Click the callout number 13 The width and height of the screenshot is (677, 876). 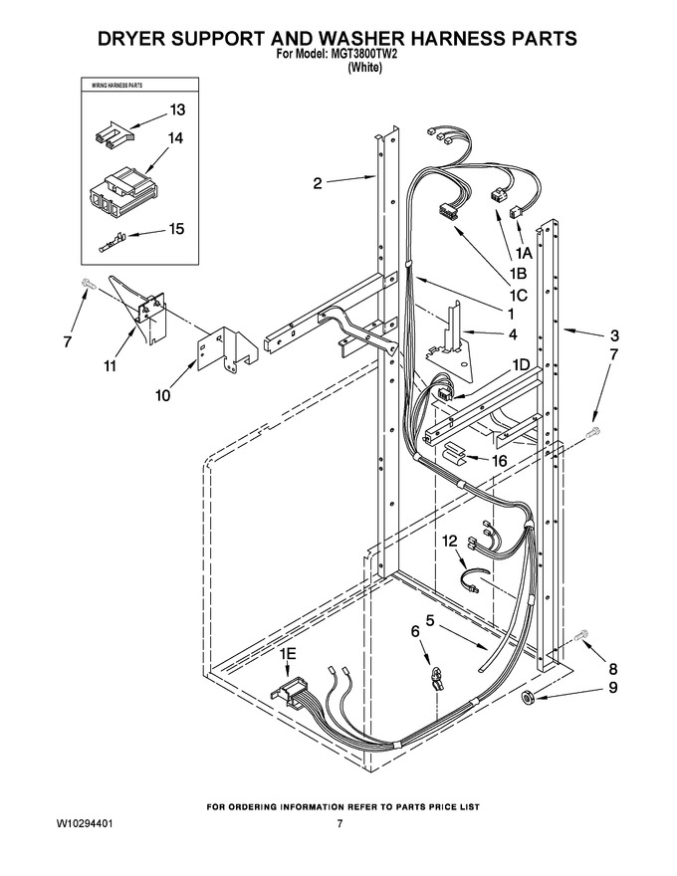point(177,110)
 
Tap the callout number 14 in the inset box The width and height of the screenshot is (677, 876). point(175,137)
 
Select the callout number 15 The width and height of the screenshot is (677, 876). point(176,229)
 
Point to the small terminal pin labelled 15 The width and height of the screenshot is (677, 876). point(112,245)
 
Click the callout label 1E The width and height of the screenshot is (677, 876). point(289,654)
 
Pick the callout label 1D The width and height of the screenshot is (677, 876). point(521,364)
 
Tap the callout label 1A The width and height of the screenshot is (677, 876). point(524,253)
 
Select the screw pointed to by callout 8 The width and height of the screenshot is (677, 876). point(581,635)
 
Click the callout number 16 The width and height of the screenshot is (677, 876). point(499,461)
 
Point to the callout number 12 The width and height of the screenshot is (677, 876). point(450,541)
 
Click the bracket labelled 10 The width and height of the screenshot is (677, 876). point(228,348)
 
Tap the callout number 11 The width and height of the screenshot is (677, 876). point(111,366)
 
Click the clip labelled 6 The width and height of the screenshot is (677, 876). point(436,677)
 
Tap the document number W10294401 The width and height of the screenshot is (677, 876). point(88,824)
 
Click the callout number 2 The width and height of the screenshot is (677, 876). point(318,183)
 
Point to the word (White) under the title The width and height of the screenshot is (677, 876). point(364,68)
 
